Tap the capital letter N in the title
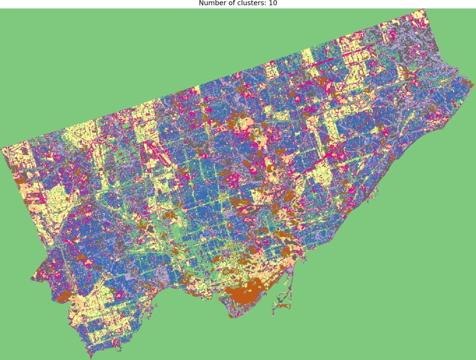pos(201,3)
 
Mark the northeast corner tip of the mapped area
pos(424,10)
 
